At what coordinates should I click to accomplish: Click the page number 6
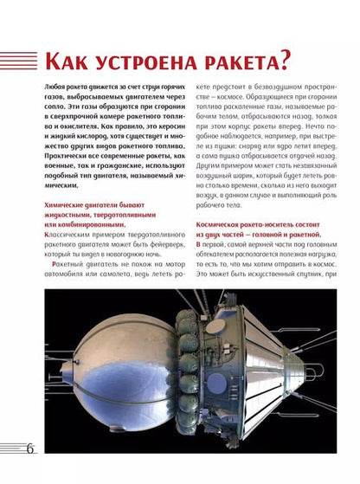point(31,448)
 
